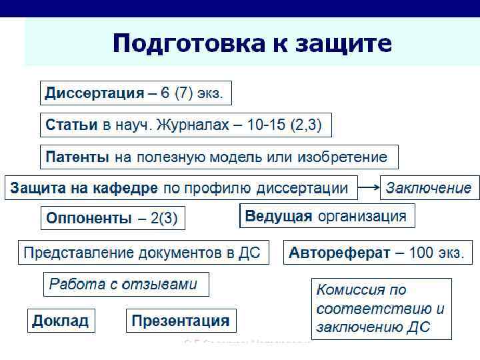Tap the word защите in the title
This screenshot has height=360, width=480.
point(340,44)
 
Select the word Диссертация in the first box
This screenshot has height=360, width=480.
point(94,93)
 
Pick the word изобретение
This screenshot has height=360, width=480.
point(342,157)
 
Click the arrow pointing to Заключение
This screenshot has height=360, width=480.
point(369,188)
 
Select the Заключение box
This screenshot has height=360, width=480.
point(429,188)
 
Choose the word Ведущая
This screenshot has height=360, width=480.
point(279,216)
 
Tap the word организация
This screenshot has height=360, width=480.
point(362,216)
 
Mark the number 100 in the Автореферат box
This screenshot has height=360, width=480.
point(421,253)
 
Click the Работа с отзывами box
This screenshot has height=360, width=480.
point(125,284)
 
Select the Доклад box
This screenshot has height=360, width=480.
point(61,321)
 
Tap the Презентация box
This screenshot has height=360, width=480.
point(181,321)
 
